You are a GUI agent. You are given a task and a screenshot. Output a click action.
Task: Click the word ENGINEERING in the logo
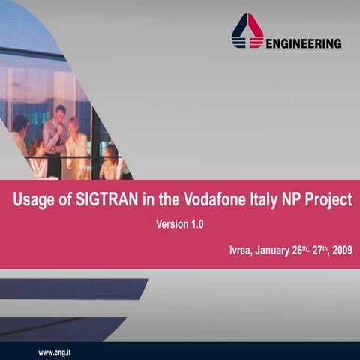[304, 43]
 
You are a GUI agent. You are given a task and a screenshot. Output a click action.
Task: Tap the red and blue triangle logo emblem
[247, 33]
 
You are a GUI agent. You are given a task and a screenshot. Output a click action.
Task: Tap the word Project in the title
[331, 201]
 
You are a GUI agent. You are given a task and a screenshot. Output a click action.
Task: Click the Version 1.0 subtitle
[179, 224]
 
